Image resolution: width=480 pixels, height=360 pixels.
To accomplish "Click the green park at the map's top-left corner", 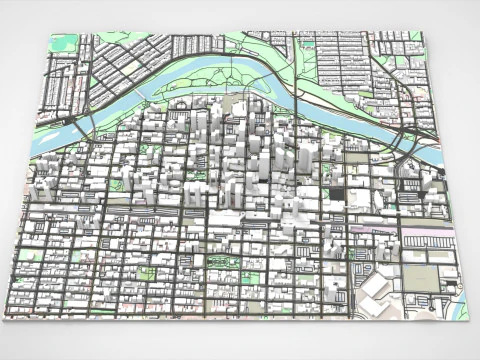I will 63,43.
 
